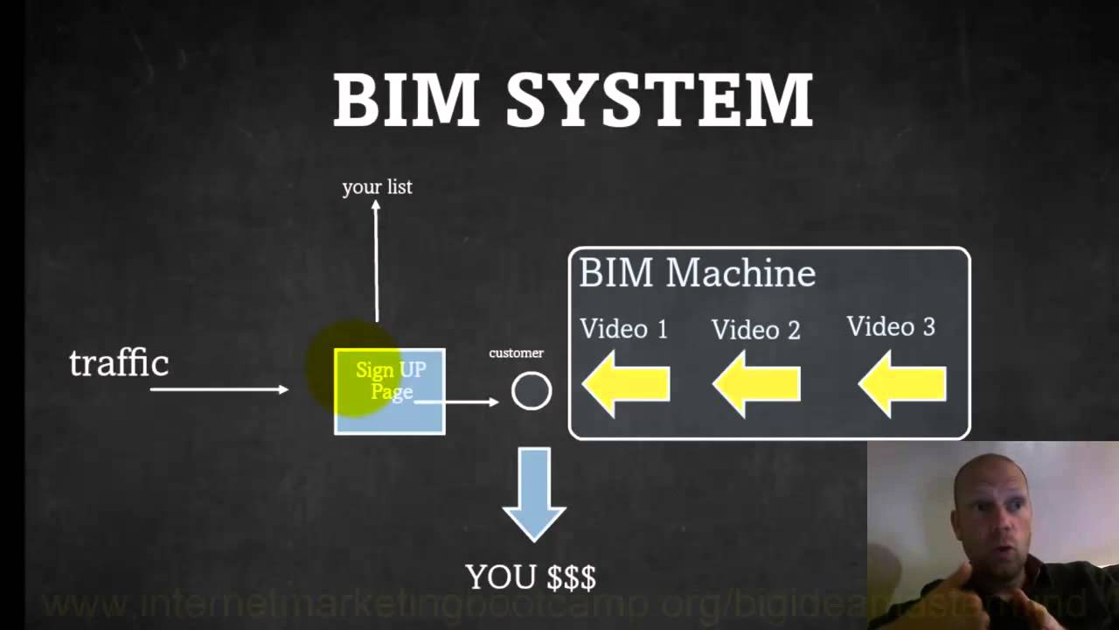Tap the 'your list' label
tap(377, 186)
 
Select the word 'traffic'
tap(119, 362)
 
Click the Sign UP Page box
tap(390, 392)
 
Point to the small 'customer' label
tap(516, 353)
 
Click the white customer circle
tap(532, 391)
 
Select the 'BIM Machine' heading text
tap(697, 273)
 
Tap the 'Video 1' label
tap(623, 329)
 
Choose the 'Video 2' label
tap(755, 330)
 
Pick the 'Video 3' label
tap(891, 326)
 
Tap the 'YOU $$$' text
tap(531, 577)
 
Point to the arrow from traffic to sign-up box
tap(219, 388)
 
